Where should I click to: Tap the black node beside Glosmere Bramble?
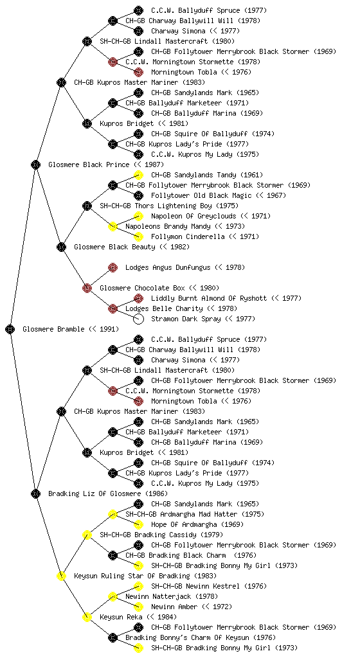(x=10, y=329)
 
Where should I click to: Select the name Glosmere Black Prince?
(x=89, y=164)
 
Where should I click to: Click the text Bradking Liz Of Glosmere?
(x=94, y=493)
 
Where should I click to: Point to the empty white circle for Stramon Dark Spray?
(x=138, y=319)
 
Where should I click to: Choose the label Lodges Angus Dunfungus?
(x=168, y=267)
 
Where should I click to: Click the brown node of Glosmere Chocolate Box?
(x=87, y=288)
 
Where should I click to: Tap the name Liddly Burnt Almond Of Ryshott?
(x=209, y=298)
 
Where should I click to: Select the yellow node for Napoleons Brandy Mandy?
(x=113, y=226)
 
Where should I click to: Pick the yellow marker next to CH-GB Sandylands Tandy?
(x=138, y=175)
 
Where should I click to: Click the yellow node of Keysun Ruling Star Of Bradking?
(x=61, y=576)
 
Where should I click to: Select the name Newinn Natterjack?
(x=158, y=596)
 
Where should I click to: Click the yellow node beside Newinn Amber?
(x=138, y=607)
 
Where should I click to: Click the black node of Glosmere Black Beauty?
(x=61, y=247)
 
